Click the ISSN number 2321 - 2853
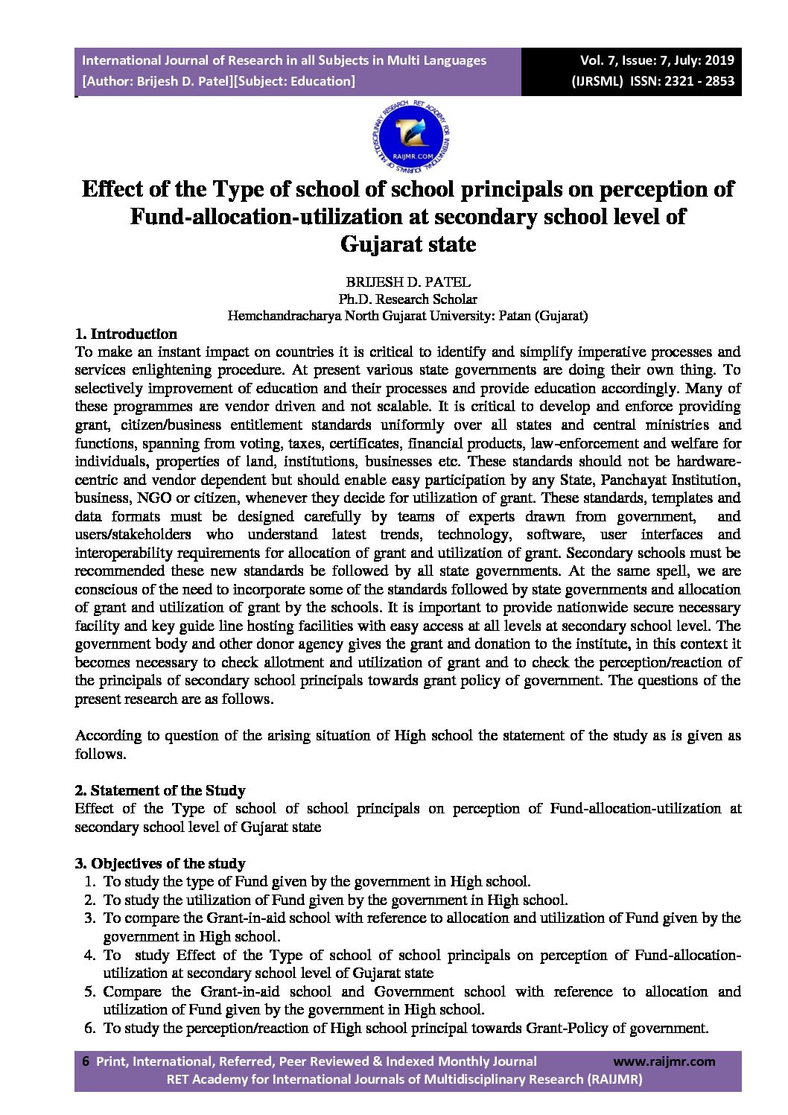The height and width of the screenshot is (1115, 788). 693,81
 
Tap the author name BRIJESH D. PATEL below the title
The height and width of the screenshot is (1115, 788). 407,282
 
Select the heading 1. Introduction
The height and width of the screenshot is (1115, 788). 126,334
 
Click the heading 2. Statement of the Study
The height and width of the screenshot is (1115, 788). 160,790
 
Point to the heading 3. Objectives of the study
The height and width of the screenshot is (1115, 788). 160,863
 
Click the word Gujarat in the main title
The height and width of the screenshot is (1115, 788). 375,244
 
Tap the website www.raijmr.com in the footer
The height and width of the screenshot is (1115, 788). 664,1061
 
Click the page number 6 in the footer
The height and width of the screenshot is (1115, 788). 85,1061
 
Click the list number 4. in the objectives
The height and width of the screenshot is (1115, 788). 89,955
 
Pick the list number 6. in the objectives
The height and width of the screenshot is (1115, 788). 89,1028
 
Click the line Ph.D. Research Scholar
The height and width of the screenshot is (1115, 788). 407,299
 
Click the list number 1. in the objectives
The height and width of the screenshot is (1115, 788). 89,882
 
